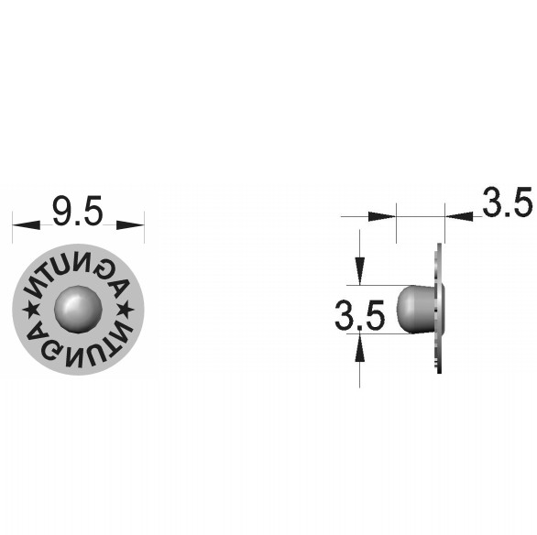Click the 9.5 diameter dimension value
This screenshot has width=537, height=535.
click(x=77, y=211)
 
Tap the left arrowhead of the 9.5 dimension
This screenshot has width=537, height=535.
click(x=27, y=224)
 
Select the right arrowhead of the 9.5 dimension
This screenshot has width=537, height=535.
click(x=130, y=224)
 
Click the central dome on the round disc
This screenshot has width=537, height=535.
click(x=79, y=309)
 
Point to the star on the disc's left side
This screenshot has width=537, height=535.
click(x=31, y=309)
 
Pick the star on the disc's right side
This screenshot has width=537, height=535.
click(x=126, y=309)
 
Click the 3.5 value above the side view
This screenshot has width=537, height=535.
click(x=507, y=202)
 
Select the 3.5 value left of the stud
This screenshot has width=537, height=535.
click(x=359, y=315)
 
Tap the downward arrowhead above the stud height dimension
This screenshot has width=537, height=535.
click(x=359, y=271)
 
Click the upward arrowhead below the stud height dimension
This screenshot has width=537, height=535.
click(x=359, y=347)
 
